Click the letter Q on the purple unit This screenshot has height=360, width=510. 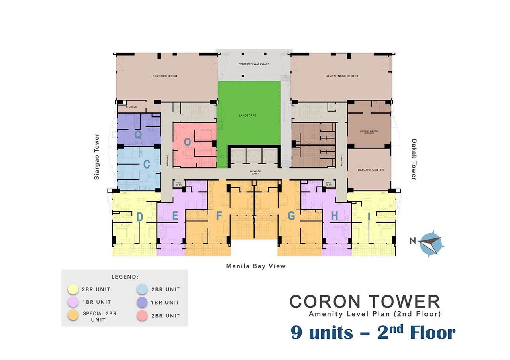tap(138, 135)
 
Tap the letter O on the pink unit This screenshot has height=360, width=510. tap(187, 142)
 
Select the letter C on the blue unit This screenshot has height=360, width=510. tap(147, 164)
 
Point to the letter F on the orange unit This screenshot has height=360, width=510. tap(218, 216)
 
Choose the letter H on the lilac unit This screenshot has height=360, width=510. tap(334, 216)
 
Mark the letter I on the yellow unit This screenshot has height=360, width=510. tap(369, 216)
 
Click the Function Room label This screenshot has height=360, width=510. tap(165, 76)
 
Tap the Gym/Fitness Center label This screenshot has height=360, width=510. tap(341, 76)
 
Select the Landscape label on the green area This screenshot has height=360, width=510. tap(247, 116)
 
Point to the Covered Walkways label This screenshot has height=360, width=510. tap(254, 64)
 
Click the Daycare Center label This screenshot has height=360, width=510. tap(371, 170)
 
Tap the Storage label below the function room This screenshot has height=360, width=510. tap(131, 107)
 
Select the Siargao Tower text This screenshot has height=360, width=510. tap(97, 157)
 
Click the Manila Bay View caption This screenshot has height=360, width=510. tap(256, 266)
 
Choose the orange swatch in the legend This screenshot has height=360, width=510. tap(73, 315)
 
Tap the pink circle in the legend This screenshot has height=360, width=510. tap(142, 315)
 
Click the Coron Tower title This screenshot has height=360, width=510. tap(365, 302)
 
